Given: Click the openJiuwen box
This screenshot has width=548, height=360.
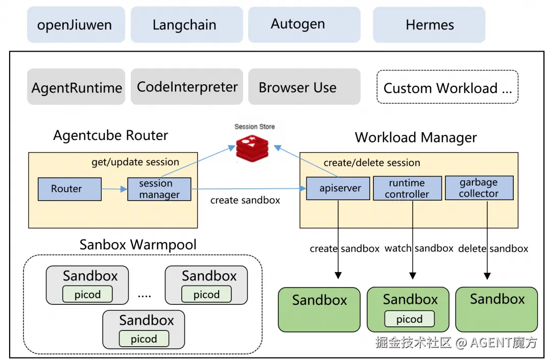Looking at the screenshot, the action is coord(76,25).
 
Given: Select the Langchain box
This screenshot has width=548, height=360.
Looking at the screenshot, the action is coord(186,25).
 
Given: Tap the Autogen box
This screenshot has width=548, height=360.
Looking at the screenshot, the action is coord(304,25).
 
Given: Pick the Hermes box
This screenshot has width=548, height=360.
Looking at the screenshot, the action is coord(429,25).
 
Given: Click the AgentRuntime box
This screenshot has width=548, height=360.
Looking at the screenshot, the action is coord(76,87).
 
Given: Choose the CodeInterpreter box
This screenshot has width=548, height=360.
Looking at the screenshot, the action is coord(186,87).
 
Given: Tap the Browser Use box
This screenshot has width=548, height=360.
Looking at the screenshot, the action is coord(304,87).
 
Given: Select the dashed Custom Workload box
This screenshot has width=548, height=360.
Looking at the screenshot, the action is coord(447,87).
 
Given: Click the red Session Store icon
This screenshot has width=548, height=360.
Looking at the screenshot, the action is coord(252,149).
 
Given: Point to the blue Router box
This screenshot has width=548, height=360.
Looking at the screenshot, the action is coord(69,189).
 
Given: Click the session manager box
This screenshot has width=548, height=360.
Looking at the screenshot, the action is coord(159,189).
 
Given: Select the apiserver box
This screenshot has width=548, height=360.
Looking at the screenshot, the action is coord(338,188).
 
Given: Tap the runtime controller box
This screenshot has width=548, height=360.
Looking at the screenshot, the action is coord(407,188).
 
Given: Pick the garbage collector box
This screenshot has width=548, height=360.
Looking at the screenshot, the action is coord(479,188).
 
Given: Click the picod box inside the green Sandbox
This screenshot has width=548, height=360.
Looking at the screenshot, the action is coord(409,319).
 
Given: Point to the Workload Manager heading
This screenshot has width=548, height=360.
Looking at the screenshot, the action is coord(416,137).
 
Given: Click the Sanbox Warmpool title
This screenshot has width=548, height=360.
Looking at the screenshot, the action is coord(138,245).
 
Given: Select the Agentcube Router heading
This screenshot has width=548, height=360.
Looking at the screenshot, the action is coord(110,135).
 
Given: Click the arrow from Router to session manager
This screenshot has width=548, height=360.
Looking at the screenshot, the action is coord(114,189).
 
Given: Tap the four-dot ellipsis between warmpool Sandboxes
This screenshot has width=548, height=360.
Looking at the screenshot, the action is coord(145,296).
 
